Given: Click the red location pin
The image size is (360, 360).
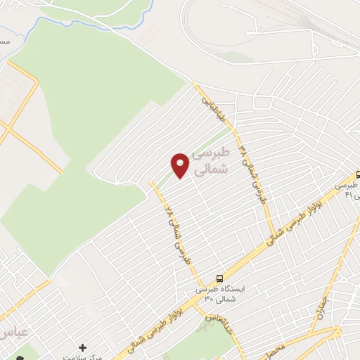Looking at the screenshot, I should click(180, 165).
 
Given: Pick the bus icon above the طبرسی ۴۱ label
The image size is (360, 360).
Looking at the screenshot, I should click(358, 174).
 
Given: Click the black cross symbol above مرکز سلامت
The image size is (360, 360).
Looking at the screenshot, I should click(83, 347).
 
